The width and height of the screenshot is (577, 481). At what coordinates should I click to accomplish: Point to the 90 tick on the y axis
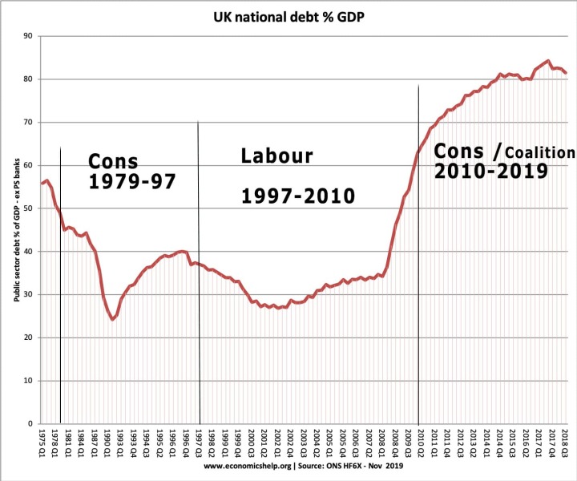coord(27,36)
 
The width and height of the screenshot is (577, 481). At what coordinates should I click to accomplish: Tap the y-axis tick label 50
coord(27,208)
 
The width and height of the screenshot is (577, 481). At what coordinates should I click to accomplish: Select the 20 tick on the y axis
coord(27,338)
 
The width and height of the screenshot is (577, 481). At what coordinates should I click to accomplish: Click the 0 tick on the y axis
coord(30,423)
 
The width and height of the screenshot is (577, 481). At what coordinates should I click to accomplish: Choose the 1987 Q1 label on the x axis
coord(95,443)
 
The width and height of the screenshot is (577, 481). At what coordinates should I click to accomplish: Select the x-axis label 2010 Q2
coord(420,443)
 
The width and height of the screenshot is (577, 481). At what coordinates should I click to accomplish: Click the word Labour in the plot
coord(276,156)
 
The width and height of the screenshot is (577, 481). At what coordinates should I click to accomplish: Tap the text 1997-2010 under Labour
coord(298,195)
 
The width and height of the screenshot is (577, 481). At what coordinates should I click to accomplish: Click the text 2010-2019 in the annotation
coord(490,171)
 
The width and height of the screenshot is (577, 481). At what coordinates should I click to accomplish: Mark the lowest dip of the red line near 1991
coord(113,319)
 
